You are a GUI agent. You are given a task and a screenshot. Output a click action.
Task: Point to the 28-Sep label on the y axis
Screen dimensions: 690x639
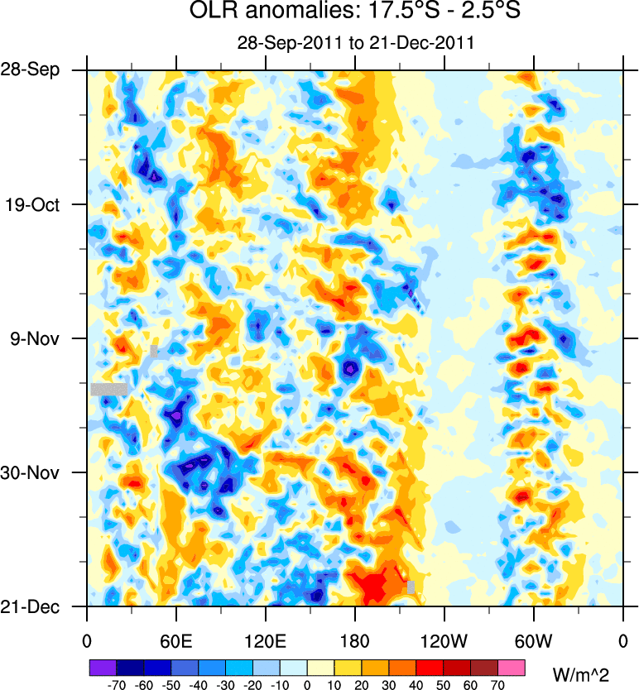(41, 69)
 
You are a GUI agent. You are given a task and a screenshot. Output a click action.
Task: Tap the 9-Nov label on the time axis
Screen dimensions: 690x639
(43, 338)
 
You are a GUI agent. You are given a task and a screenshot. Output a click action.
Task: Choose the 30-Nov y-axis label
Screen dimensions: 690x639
(41, 472)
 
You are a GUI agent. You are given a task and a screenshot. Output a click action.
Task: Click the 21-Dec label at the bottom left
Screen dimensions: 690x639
(41, 606)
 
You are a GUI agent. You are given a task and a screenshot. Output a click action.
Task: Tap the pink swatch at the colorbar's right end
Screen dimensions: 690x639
(512, 667)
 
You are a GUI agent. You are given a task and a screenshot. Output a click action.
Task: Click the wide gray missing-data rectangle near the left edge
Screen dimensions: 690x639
(109, 388)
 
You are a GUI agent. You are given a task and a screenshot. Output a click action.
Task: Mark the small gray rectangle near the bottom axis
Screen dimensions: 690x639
(411, 587)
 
